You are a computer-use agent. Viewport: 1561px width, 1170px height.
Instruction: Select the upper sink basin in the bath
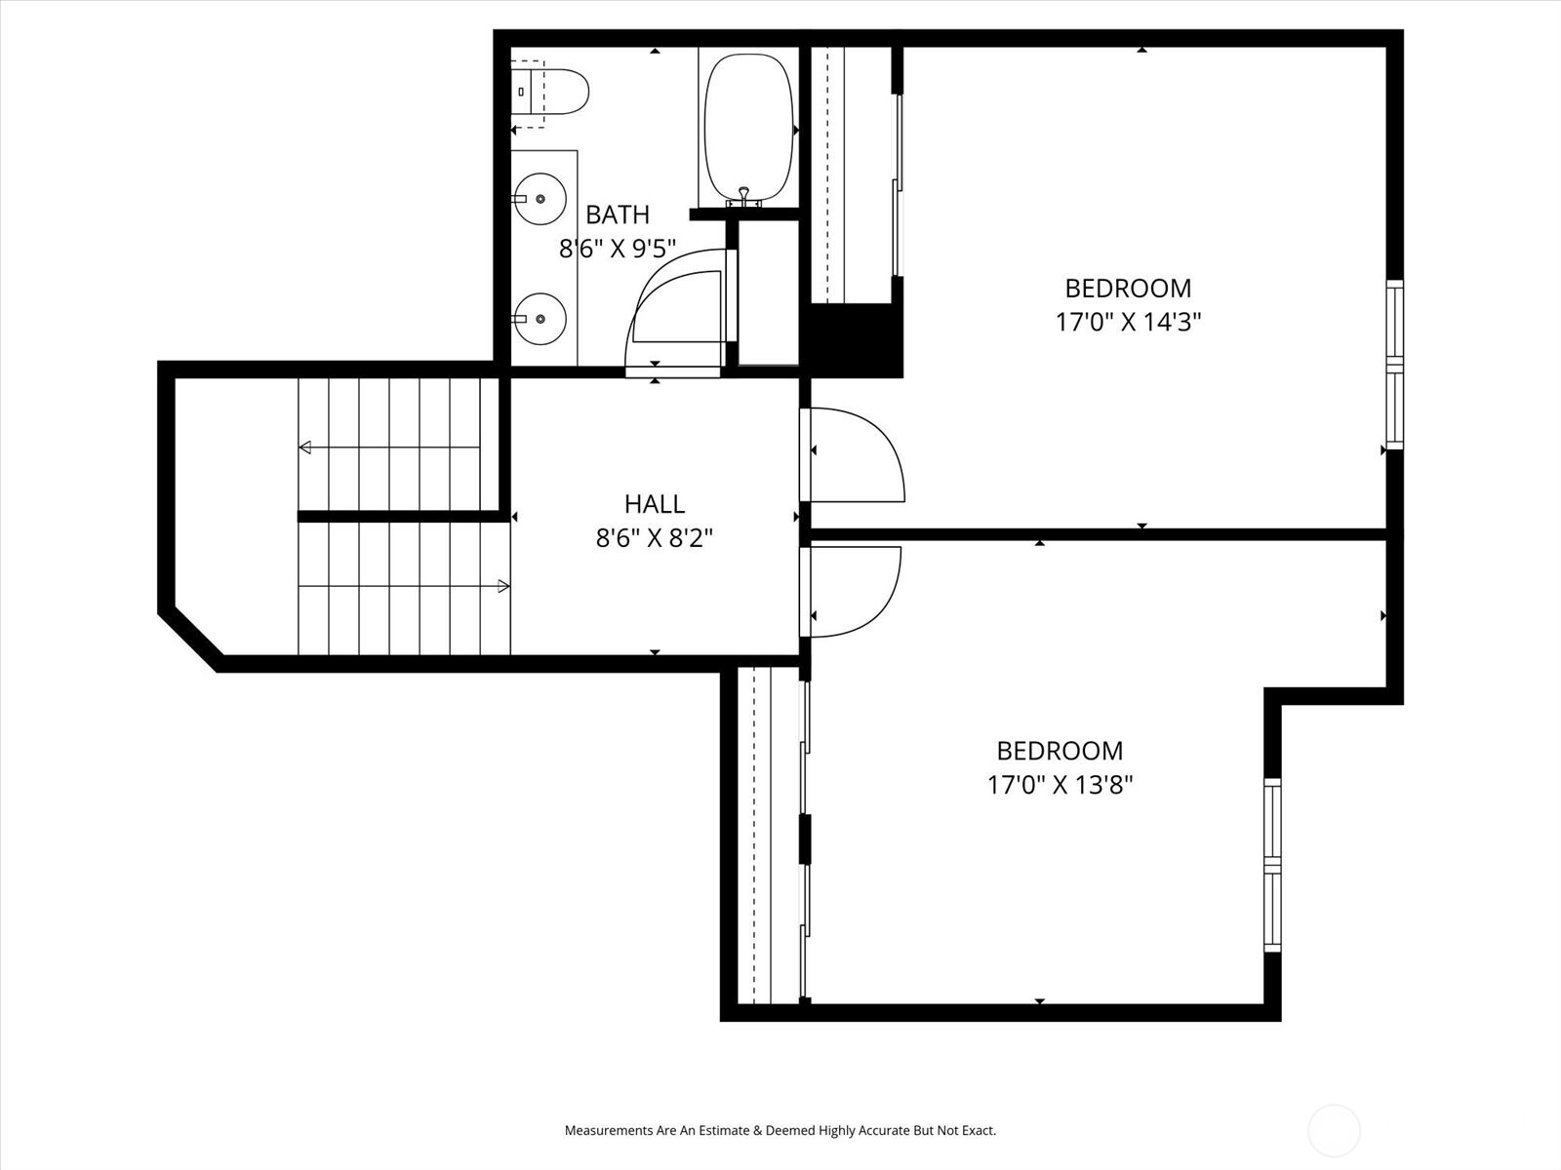[x=540, y=199]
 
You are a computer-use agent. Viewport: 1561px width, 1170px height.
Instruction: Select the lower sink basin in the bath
[x=540, y=319]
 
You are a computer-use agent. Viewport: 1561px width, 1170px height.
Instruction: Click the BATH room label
[x=617, y=214]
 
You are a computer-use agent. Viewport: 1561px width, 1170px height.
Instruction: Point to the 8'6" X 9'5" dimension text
[x=617, y=249]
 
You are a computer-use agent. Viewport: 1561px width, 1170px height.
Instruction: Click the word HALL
[x=655, y=504]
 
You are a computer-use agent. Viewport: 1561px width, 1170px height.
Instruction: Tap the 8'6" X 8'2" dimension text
[x=655, y=537]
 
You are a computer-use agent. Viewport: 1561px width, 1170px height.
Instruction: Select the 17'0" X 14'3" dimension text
[x=1128, y=322]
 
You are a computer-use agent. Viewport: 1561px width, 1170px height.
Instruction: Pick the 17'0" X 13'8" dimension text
[x=1060, y=784]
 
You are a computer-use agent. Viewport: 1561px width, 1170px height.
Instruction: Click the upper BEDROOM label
[x=1128, y=289]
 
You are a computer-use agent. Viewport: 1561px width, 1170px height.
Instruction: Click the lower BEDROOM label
[x=1060, y=751]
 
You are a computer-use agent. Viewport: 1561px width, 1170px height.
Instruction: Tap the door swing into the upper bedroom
[x=859, y=455]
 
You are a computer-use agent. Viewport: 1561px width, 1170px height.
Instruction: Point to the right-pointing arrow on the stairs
[x=503, y=586]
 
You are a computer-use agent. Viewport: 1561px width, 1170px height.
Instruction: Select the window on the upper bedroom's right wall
[x=1394, y=365]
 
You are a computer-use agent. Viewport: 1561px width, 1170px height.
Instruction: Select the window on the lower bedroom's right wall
[x=1272, y=865]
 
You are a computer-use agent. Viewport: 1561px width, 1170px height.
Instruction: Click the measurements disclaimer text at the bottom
[x=780, y=1131]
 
